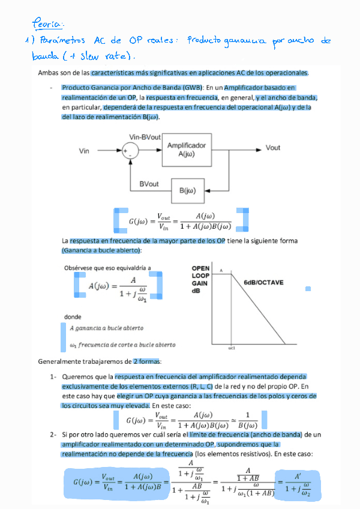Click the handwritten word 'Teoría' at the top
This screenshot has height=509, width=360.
tap(47, 24)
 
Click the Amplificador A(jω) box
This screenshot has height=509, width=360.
tap(186, 150)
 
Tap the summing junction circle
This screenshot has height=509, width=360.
tap(129, 151)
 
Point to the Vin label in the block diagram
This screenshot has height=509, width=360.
tap(84, 151)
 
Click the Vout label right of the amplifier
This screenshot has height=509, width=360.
tap(273, 148)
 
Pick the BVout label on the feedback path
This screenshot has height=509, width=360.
tap(149, 184)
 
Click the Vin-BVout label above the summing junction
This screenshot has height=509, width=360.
tap(145, 137)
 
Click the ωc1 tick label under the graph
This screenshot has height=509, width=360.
tap(232, 348)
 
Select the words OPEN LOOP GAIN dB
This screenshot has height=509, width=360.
tap(200, 279)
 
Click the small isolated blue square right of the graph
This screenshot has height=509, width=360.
tap(308, 289)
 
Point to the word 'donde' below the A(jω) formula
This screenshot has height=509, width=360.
tap(73, 317)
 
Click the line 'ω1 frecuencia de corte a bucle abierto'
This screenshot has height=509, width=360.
tap(122, 345)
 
